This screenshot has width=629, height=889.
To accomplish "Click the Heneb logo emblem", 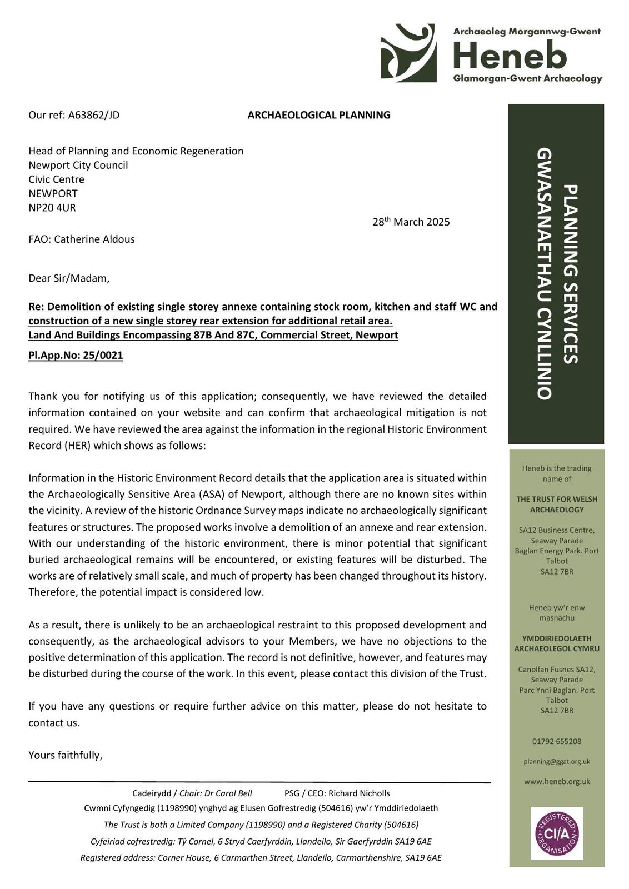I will pyautogui.click(x=408, y=53).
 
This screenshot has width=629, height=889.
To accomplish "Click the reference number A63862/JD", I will pyautogui.click(x=93, y=115).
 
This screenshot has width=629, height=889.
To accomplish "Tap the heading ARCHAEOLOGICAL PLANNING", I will pyautogui.click(x=318, y=115).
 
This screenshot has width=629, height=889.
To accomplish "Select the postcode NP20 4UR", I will pyautogui.click(x=52, y=208).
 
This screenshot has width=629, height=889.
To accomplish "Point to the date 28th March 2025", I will pyautogui.click(x=411, y=222).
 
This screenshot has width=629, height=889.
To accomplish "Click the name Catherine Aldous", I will pyautogui.click(x=94, y=239).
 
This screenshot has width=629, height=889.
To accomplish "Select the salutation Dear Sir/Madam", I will pyautogui.click(x=69, y=278).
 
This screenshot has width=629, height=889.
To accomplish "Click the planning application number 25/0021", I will pyautogui.click(x=103, y=356).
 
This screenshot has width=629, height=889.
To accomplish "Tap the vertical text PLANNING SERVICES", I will pyautogui.click(x=570, y=274).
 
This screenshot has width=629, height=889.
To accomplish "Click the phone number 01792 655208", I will pyautogui.click(x=556, y=741).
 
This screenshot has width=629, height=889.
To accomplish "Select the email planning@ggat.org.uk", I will pyautogui.click(x=556, y=762).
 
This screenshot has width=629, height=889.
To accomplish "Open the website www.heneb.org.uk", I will pyautogui.click(x=556, y=781).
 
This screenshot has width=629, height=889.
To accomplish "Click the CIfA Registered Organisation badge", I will pyautogui.click(x=556, y=833).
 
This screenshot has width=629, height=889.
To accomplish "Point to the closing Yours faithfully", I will pyautogui.click(x=66, y=755).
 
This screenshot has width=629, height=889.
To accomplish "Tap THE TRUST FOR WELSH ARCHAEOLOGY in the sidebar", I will pyautogui.click(x=556, y=504).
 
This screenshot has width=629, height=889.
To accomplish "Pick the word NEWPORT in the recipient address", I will pyautogui.click(x=53, y=193).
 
